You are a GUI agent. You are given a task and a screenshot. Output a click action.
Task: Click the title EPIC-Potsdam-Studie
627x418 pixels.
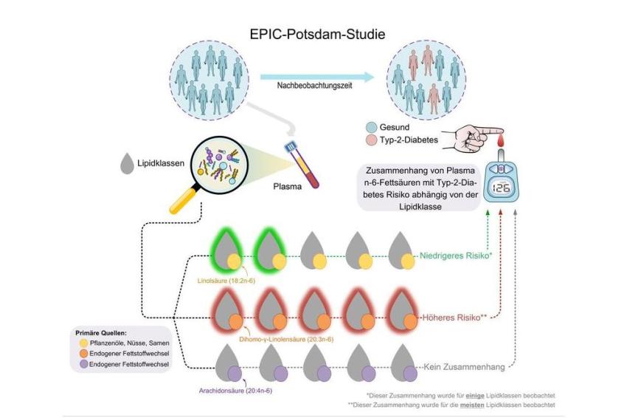click(317, 34)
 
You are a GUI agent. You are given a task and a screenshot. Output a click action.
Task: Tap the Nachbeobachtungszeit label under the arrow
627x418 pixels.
click(315, 86)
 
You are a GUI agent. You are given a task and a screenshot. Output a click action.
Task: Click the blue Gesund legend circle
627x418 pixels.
click(372, 127)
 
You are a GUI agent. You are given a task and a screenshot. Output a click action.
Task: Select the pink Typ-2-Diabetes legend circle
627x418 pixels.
click(372, 140)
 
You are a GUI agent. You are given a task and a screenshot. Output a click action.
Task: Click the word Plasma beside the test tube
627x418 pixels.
click(288, 187)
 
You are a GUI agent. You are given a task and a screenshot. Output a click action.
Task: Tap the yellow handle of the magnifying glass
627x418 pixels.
click(183, 200)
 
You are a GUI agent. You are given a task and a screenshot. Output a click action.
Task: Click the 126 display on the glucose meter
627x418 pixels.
click(501, 188)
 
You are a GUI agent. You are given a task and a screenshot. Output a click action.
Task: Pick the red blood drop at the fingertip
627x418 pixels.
click(500, 140)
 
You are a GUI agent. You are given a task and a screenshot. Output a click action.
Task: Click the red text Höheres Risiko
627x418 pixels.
click(454, 318)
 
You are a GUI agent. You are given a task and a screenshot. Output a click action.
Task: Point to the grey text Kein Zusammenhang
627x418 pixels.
click(464, 367)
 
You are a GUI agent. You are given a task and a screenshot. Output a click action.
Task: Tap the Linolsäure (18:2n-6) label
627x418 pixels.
click(226, 281)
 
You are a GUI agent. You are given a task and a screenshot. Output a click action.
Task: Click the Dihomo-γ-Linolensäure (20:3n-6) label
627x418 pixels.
click(286, 340)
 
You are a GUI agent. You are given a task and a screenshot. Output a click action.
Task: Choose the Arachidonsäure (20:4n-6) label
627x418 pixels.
click(235, 391)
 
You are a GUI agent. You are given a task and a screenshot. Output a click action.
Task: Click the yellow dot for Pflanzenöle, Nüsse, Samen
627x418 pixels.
click(83, 343)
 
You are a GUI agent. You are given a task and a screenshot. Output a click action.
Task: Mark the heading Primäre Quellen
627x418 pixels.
click(101, 333)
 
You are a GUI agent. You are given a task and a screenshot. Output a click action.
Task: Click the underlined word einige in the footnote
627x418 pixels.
click(474, 396)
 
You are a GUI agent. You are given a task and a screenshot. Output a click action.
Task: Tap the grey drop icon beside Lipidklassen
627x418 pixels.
click(127, 163)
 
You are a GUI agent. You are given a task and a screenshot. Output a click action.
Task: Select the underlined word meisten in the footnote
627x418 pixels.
click(472, 405)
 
